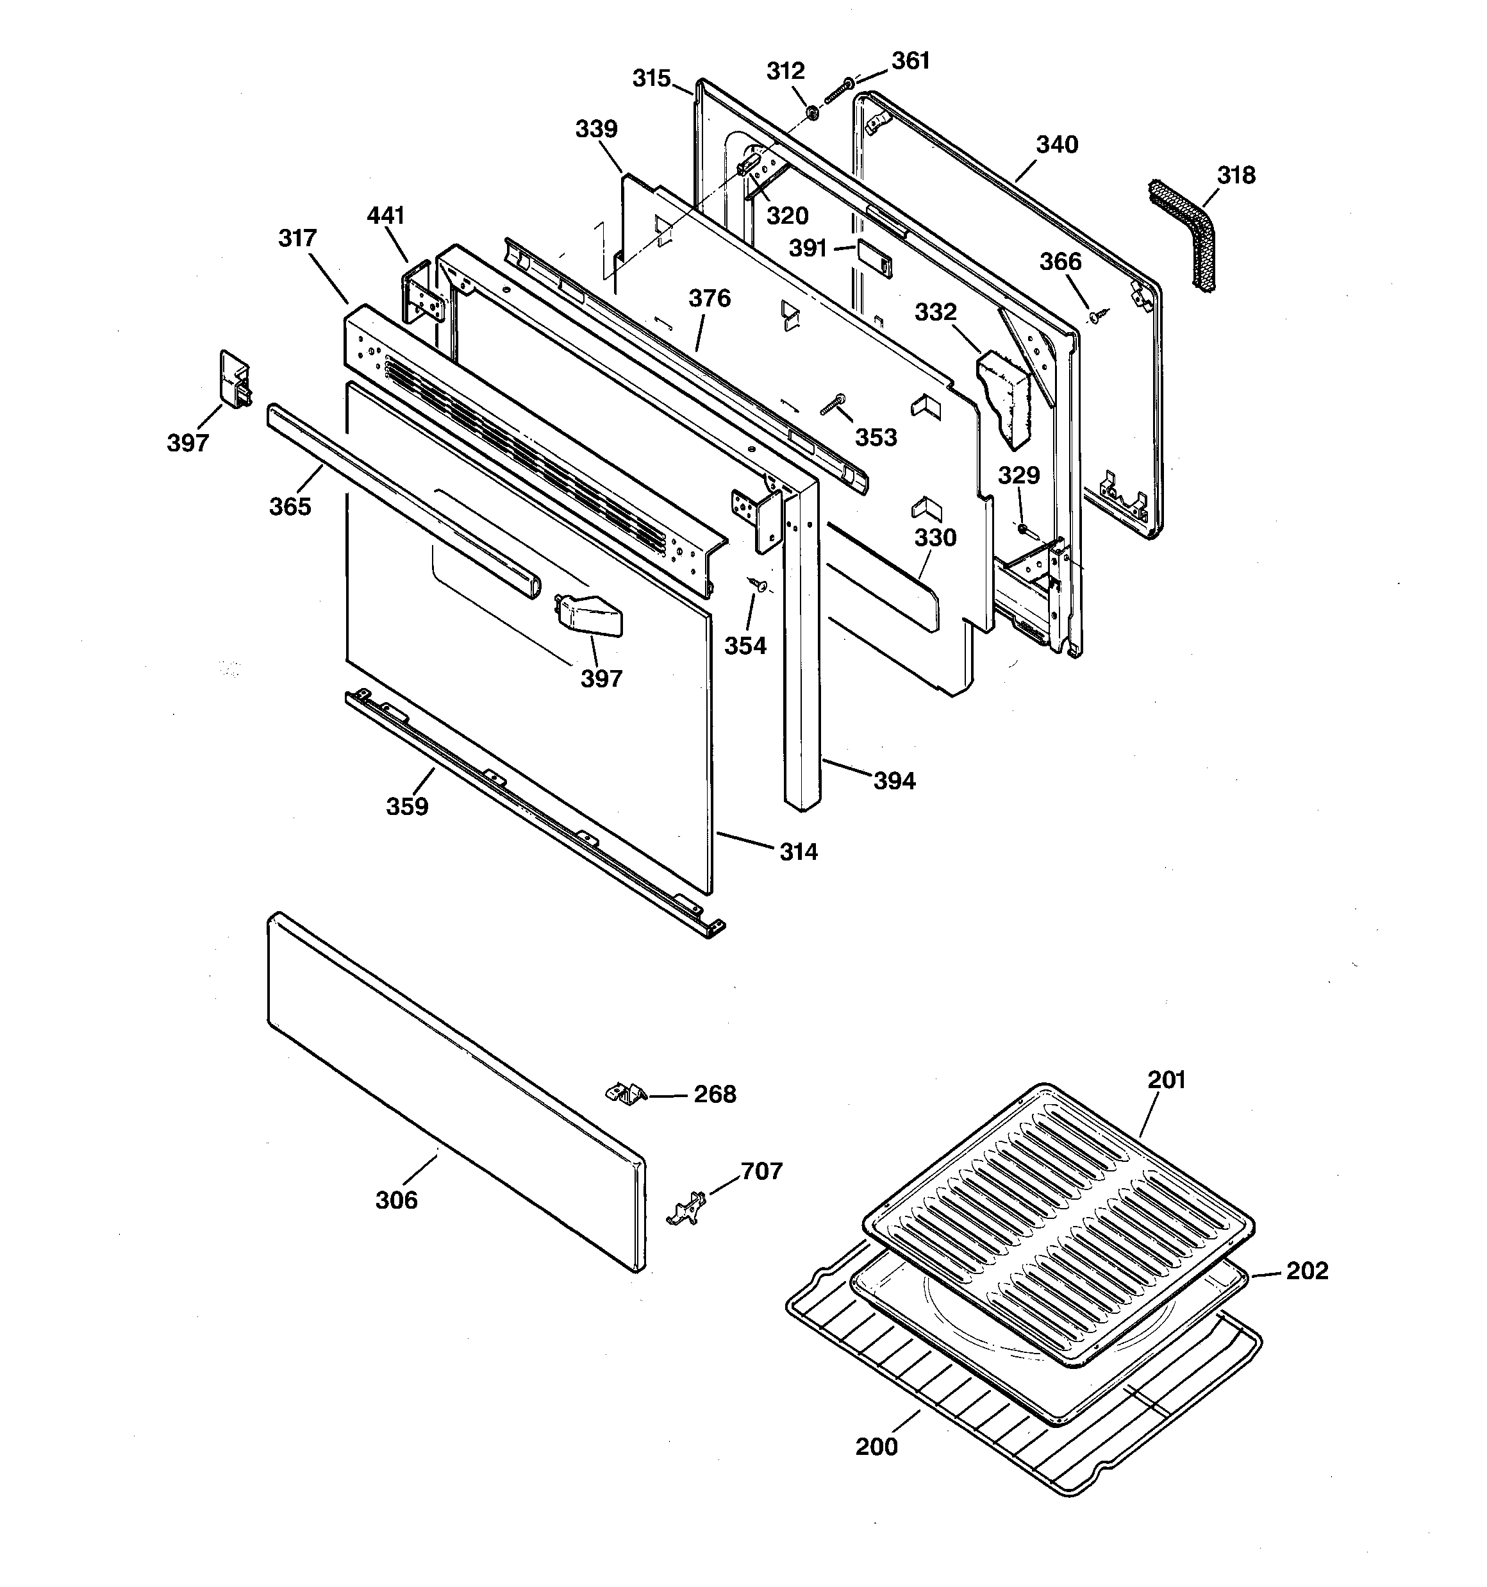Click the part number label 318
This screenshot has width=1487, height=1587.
(1236, 175)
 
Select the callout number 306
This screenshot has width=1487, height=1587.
(397, 1200)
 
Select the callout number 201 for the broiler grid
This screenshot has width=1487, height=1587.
(1166, 1079)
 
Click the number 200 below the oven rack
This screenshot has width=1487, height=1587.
(876, 1447)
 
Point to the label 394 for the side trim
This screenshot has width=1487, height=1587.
(894, 781)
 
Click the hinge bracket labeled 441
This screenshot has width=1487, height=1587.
(422, 292)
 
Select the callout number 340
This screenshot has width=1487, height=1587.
(1057, 144)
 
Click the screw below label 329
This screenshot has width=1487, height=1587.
(1025, 528)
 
